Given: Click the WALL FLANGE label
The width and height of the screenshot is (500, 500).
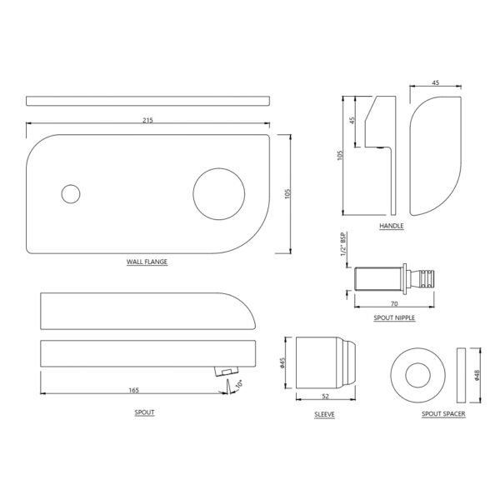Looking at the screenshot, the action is [147, 262].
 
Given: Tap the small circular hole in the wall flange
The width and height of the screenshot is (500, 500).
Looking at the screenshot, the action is [71, 194].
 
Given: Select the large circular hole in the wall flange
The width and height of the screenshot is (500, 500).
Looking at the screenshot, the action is [219, 194].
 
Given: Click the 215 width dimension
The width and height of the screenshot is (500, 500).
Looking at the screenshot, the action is [147, 120].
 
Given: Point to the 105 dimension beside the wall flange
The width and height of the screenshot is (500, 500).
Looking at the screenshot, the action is [287, 194].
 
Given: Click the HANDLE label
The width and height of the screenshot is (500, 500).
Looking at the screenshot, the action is [392, 226].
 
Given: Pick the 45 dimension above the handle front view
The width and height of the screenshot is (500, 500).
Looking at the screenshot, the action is [436, 82].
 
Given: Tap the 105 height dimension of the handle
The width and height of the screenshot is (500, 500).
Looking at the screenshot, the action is [340, 155].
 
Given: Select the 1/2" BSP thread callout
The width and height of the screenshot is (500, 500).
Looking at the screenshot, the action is [343, 244].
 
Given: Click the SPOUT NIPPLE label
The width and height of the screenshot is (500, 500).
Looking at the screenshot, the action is [394, 318].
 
